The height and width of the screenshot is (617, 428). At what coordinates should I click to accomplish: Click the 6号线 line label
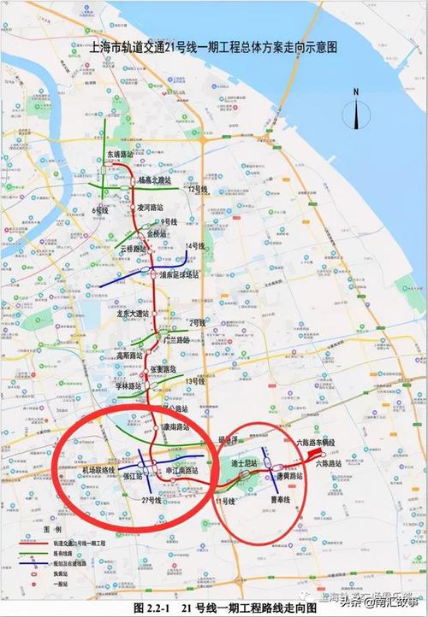coord(100,209)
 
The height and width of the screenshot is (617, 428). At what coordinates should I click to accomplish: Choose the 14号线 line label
coord(195,246)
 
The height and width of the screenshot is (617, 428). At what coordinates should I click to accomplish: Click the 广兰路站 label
coord(175,339)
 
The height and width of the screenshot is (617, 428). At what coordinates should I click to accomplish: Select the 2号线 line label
coord(198,322)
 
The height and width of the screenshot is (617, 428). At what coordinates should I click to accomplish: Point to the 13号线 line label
coord(198,380)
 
